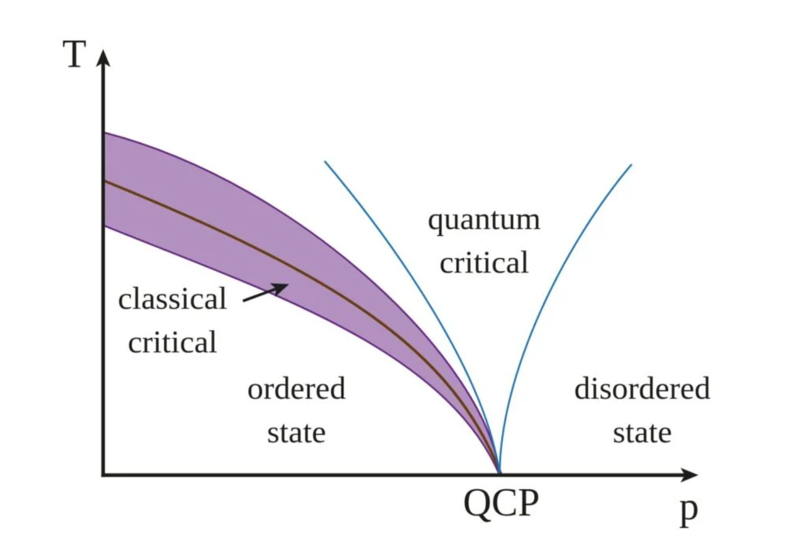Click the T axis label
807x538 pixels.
pyautogui.click(x=75, y=54)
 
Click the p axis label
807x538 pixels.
pyautogui.click(x=689, y=512)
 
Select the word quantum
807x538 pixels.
pyautogui.click(x=484, y=221)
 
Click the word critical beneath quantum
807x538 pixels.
pyautogui.click(x=484, y=263)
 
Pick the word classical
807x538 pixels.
pyautogui.click(x=172, y=299)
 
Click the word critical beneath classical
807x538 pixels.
pyautogui.click(x=173, y=342)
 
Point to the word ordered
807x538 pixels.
pyautogui.click(x=296, y=388)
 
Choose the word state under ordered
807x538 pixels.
pyautogui.click(x=296, y=433)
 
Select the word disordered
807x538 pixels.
pyautogui.click(x=642, y=388)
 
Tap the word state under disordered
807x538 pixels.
pyautogui.click(x=642, y=433)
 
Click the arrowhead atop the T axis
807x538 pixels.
pyautogui.click(x=103, y=58)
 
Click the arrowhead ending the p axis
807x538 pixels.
pyautogui.click(x=689, y=475)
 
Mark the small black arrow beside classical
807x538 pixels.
pyautogui.click(x=266, y=292)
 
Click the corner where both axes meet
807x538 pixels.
pyautogui.click(x=103, y=475)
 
